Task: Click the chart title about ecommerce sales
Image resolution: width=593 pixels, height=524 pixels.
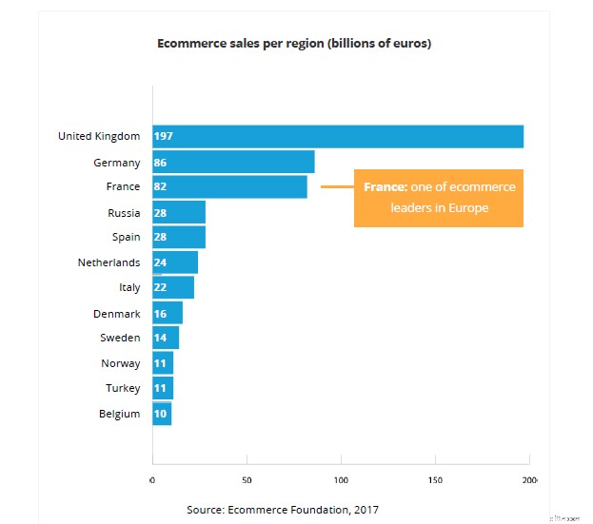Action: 293,44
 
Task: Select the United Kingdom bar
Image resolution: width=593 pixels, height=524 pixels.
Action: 338,136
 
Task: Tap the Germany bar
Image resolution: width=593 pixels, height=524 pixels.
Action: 233,162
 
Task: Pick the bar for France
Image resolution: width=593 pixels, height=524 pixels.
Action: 229,186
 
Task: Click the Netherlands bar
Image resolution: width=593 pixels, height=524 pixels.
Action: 175,262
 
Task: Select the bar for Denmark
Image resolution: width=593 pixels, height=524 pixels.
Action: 168,313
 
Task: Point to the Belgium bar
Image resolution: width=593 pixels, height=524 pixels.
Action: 162,414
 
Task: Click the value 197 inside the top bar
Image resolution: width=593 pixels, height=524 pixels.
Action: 163,136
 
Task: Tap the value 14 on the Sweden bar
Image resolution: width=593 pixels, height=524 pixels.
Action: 160,338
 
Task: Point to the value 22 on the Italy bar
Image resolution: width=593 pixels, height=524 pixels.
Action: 160,287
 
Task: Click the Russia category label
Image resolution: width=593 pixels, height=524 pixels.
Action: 124,212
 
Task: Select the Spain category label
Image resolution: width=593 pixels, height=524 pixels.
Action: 126,237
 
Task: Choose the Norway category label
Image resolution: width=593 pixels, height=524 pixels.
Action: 121,363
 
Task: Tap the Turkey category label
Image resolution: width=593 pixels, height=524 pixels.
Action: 123,388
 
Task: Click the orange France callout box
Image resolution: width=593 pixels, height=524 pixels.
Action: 439,198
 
